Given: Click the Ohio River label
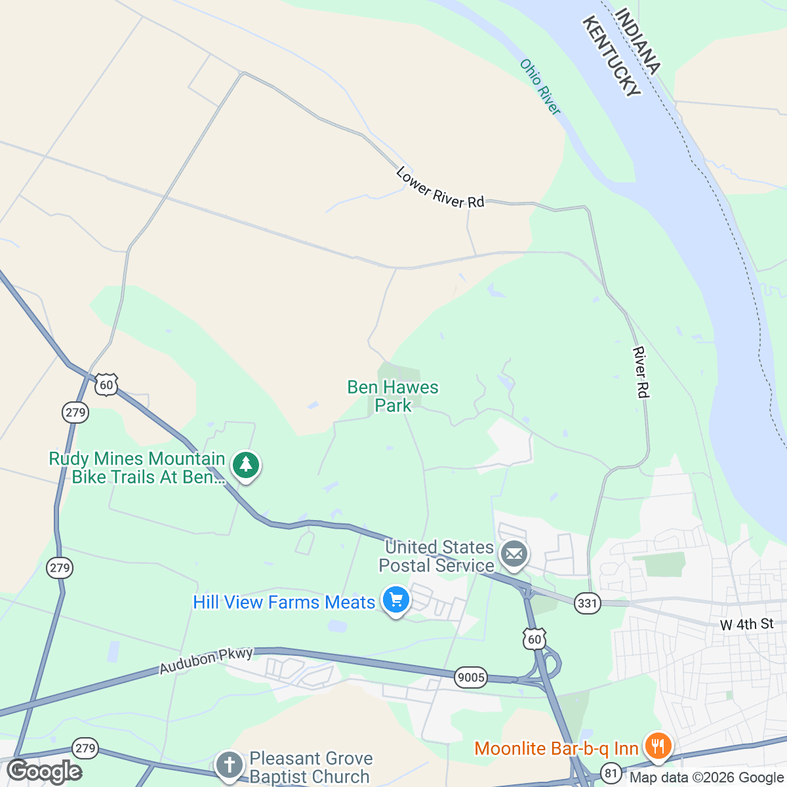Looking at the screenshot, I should tap(540, 87).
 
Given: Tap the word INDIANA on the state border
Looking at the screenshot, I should tap(638, 41).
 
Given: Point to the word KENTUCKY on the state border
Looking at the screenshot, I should tap(611, 57).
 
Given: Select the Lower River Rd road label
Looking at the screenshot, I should tap(440, 188).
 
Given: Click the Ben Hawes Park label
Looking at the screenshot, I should tap(393, 396).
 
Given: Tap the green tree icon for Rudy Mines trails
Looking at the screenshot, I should tap(246, 465).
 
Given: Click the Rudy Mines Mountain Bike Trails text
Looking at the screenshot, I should tap(137, 468).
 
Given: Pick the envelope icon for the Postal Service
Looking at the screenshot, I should tap(515, 555).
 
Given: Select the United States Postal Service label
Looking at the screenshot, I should tap(437, 556).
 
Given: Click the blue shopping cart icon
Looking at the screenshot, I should tap(395, 600).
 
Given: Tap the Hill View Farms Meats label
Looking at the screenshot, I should tap(284, 602).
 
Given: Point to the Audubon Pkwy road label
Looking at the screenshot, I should tap(206, 660).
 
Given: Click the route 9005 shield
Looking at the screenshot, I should tap(471, 677).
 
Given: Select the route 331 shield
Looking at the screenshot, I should tap(587, 603).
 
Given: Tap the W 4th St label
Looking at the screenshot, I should tap(747, 624).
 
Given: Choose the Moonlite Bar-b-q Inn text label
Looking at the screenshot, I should tap(556, 748).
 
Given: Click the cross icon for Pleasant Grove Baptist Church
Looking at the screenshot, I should tap(230, 765).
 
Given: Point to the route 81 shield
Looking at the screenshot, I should tap(611, 773).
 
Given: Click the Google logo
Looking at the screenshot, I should tap(45, 771).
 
